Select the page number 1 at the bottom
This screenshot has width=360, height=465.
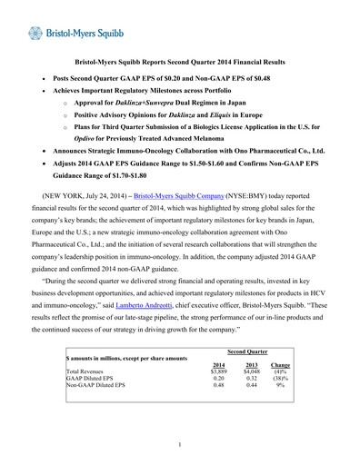[x=180, y=444]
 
